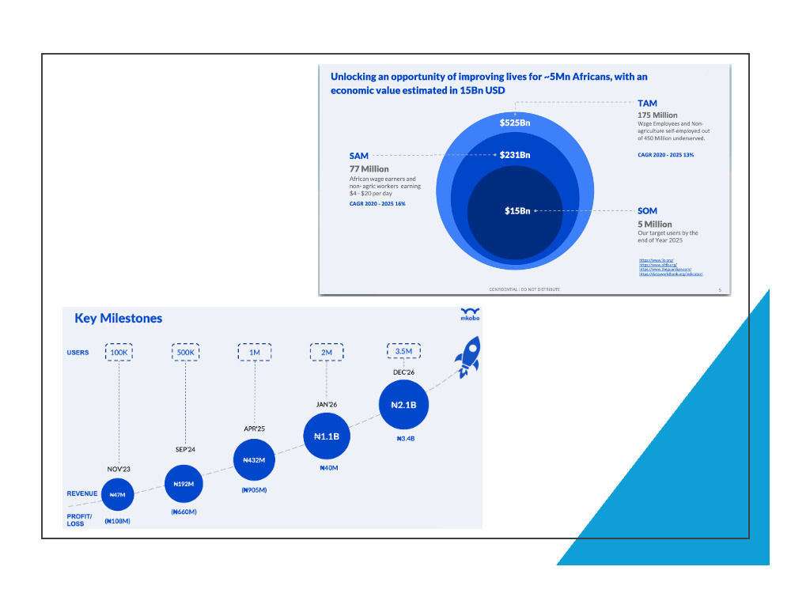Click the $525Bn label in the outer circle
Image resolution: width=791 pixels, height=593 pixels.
pyautogui.click(x=514, y=123)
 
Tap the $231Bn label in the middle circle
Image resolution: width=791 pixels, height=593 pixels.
pyautogui.click(x=514, y=155)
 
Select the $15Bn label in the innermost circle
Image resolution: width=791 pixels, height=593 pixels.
pyautogui.click(x=517, y=210)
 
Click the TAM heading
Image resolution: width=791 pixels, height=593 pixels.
pyautogui.click(x=647, y=104)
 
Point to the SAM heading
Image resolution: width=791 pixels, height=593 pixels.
pyautogui.click(x=358, y=157)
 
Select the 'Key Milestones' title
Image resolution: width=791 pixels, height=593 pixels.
pyautogui.click(x=118, y=319)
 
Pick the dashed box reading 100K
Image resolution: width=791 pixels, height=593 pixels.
pyautogui.click(x=118, y=353)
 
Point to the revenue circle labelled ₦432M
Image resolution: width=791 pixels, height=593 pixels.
pyautogui.click(x=255, y=459)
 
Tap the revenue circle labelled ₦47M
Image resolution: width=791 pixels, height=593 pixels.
pyautogui.click(x=118, y=494)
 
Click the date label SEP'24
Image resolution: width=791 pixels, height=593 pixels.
pyautogui.click(x=186, y=449)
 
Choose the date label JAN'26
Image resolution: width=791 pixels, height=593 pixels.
pyautogui.click(x=327, y=404)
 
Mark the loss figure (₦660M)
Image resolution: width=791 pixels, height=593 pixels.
pyautogui.click(x=184, y=512)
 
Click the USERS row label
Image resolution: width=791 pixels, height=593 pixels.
pyautogui.click(x=78, y=353)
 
